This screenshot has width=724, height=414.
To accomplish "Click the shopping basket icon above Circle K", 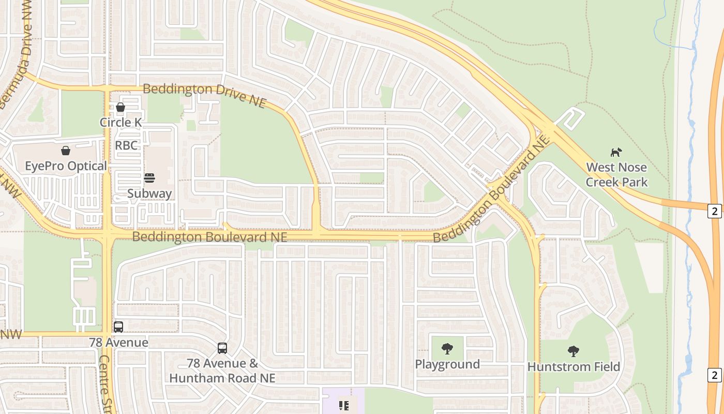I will [120, 107].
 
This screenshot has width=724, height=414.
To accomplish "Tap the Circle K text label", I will [120, 122].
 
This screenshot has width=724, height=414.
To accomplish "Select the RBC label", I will [126, 145].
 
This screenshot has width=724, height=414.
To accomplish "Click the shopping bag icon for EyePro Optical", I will [66, 151].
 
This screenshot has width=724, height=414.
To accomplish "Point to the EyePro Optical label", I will [66, 166].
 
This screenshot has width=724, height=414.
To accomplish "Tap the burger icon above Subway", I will [149, 178].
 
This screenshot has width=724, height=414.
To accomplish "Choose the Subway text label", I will [149, 194].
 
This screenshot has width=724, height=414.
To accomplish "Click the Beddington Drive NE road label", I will [204, 95].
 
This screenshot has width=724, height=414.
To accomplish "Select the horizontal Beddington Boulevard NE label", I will [209, 237].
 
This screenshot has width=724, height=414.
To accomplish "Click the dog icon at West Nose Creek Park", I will [616, 152].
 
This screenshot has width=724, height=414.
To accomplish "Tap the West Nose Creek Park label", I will [616, 175].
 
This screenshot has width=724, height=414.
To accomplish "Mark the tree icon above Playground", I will [447, 349].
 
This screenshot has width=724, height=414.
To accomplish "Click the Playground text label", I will [447, 364].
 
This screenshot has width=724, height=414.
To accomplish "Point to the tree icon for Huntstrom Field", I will [573, 351].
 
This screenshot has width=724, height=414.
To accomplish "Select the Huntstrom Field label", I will [574, 367].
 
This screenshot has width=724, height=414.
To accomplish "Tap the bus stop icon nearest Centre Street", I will [118, 327].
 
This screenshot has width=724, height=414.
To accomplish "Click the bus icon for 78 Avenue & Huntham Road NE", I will [222, 348].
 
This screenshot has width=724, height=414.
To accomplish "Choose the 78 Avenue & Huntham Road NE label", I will [222, 371].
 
